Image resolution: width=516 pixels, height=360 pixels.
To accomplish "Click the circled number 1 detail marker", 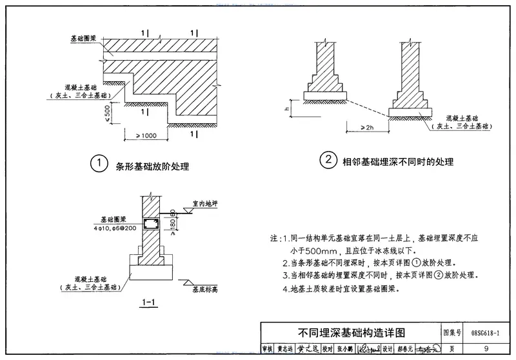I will point(98,164).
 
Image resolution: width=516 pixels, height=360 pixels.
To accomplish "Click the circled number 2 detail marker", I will point(329,159).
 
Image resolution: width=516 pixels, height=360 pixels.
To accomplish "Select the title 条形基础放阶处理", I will point(152,166).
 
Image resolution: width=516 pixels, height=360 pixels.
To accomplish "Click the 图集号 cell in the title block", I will point(453,333).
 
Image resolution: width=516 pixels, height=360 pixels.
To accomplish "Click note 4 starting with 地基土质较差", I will point(341,289).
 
